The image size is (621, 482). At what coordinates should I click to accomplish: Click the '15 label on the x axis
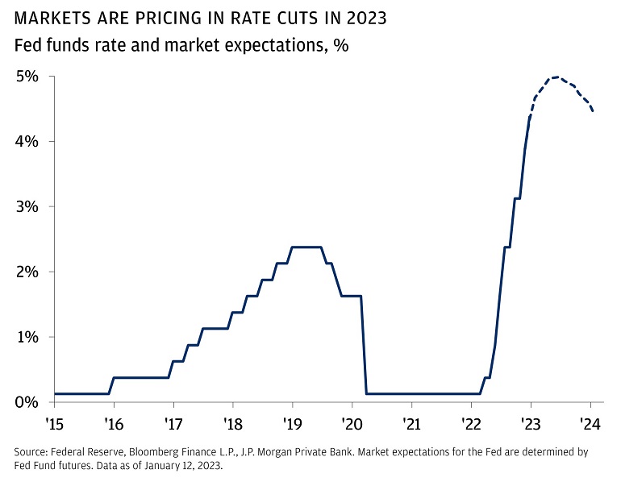(54, 422)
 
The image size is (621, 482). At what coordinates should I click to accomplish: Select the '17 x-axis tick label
(173, 422)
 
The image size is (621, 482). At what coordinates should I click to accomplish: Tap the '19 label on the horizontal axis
(292, 422)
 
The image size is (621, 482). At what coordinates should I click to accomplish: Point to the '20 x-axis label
(352, 422)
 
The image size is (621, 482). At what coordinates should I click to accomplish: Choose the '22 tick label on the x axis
(471, 422)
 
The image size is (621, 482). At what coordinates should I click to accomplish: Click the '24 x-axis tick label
(590, 422)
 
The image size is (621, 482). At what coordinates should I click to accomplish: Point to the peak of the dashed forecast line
(556, 77)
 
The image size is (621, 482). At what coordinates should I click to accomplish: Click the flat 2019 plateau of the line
(307, 247)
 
